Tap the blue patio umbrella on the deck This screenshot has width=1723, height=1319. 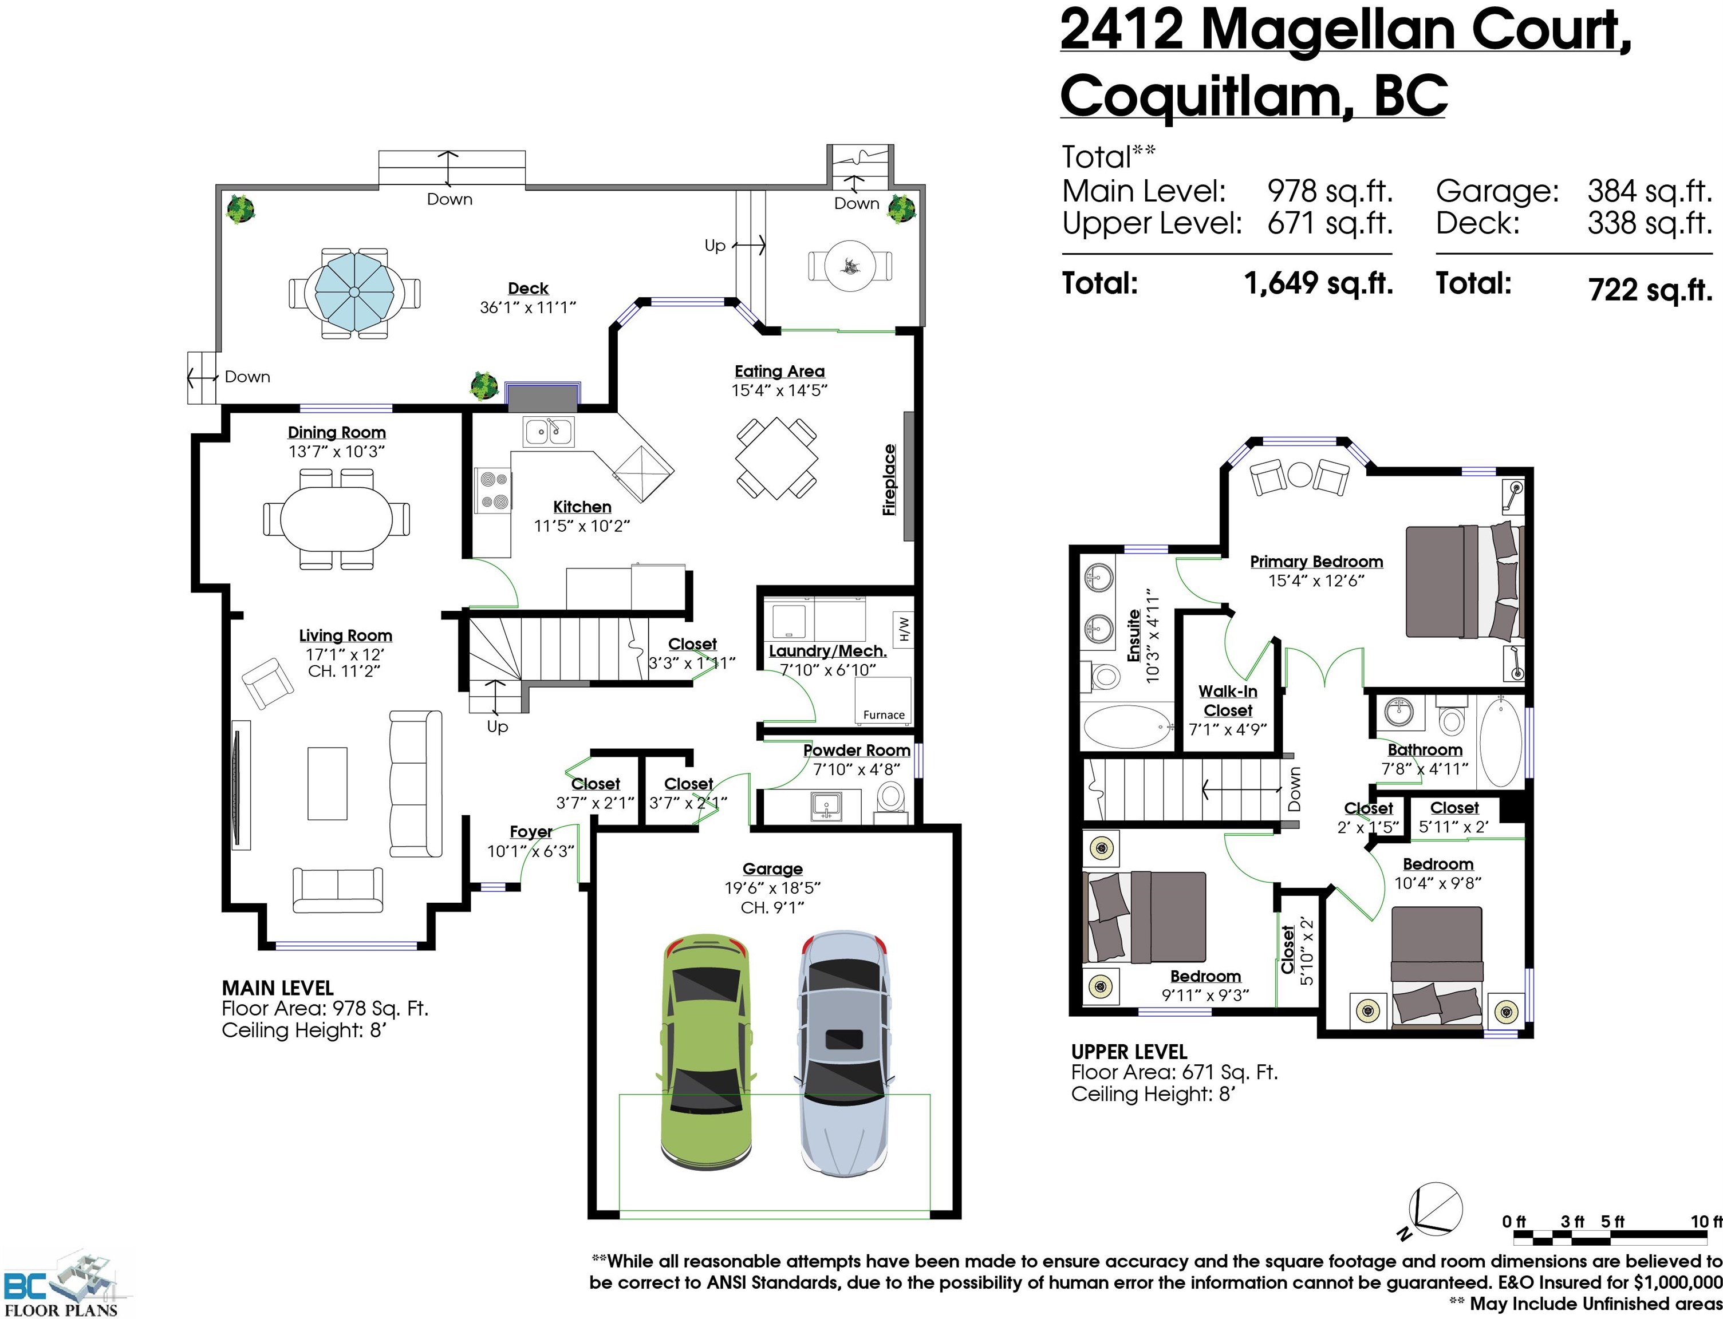(354, 292)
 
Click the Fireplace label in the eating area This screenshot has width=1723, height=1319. (889, 480)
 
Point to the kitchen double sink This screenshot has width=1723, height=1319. (549, 432)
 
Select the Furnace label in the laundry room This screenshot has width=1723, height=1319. (884, 714)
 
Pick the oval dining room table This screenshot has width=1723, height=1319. (336, 519)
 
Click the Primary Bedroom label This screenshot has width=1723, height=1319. (1316, 562)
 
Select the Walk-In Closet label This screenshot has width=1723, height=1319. (1228, 700)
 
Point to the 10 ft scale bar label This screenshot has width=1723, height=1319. (1706, 1221)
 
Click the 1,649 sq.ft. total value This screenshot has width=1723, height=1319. (1319, 283)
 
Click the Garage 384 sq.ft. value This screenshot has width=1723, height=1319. (1649, 191)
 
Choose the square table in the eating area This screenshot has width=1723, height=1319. (776, 458)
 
